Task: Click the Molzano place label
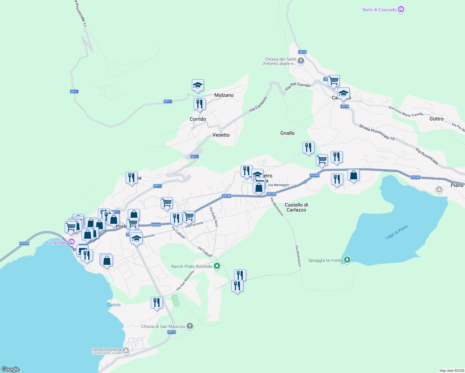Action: tap(224, 95)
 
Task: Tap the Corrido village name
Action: tap(198, 119)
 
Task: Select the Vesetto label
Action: tap(221, 135)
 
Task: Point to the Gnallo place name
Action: tap(287, 133)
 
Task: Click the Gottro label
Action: tap(436, 119)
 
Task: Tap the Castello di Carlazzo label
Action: tap(296, 207)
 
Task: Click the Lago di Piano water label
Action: tap(396, 232)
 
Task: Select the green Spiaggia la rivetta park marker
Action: tap(347, 260)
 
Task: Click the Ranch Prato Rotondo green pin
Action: tap(217, 266)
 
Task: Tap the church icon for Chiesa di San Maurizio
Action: tap(190, 326)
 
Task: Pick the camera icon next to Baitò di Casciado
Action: tap(401, 10)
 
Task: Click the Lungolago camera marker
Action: tap(71, 242)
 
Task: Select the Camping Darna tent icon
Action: tap(126, 351)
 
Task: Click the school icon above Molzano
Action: tap(198, 85)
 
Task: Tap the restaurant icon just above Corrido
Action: tap(200, 104)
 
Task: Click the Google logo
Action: tap(11, 369)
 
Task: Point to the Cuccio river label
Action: tap(114, 305)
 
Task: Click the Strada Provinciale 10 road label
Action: tap(376, 132)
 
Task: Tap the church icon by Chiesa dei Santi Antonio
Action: tap(301, 61)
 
